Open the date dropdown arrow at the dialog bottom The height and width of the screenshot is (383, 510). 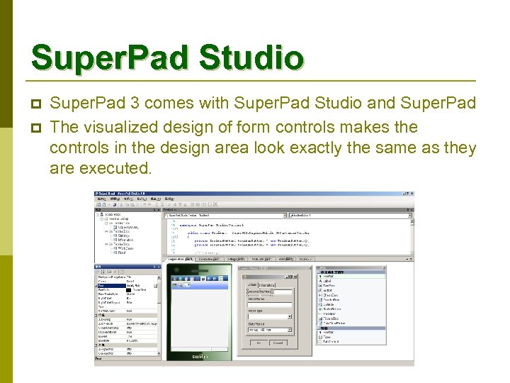tap(288, 330)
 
